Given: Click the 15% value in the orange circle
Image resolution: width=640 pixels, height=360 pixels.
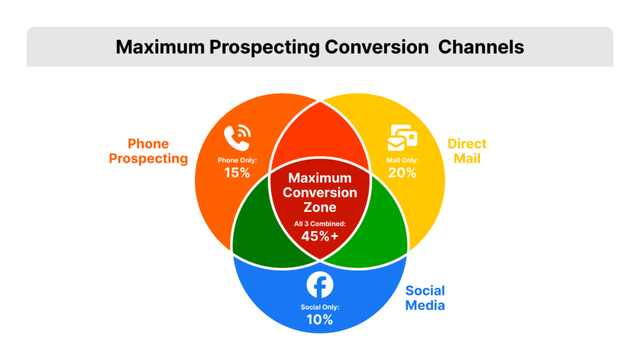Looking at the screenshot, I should pos(237,172).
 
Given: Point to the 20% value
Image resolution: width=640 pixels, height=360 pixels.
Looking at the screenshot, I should pos(402,172).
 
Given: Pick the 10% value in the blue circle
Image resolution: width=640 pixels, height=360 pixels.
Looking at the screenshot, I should pos(319,319).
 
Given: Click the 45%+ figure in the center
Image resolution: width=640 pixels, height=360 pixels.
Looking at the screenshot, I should pos(319,236).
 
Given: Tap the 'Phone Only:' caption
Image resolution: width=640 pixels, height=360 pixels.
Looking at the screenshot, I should pos(237,160).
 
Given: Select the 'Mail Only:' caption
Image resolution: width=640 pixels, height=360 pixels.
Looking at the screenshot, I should pos(402,160).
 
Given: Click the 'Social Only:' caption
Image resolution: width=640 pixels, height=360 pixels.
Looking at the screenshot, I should pos(319,306).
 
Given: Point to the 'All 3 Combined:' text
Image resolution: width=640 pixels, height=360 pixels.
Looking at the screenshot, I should pos(319,223).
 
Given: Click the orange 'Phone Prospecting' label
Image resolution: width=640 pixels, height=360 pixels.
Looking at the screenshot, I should pos(149,152).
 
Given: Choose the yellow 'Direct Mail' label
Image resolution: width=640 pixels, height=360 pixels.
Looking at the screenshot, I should pos(467,151).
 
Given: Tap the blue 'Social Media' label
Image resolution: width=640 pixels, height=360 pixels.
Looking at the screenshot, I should pos(425,297).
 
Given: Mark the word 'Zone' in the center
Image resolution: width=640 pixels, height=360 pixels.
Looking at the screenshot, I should pos(319,207).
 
